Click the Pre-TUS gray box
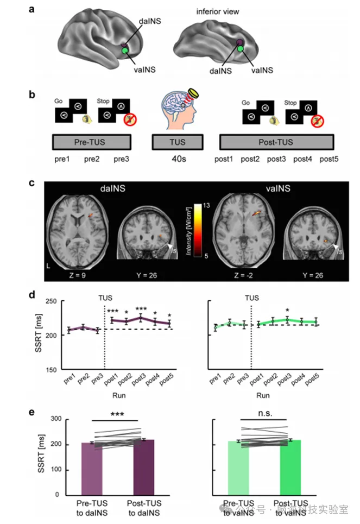(x=92, y=142)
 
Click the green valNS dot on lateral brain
(x=126, y=51)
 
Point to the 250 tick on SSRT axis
(x=52, y=302)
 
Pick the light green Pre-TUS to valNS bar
(x=238, y=468)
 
